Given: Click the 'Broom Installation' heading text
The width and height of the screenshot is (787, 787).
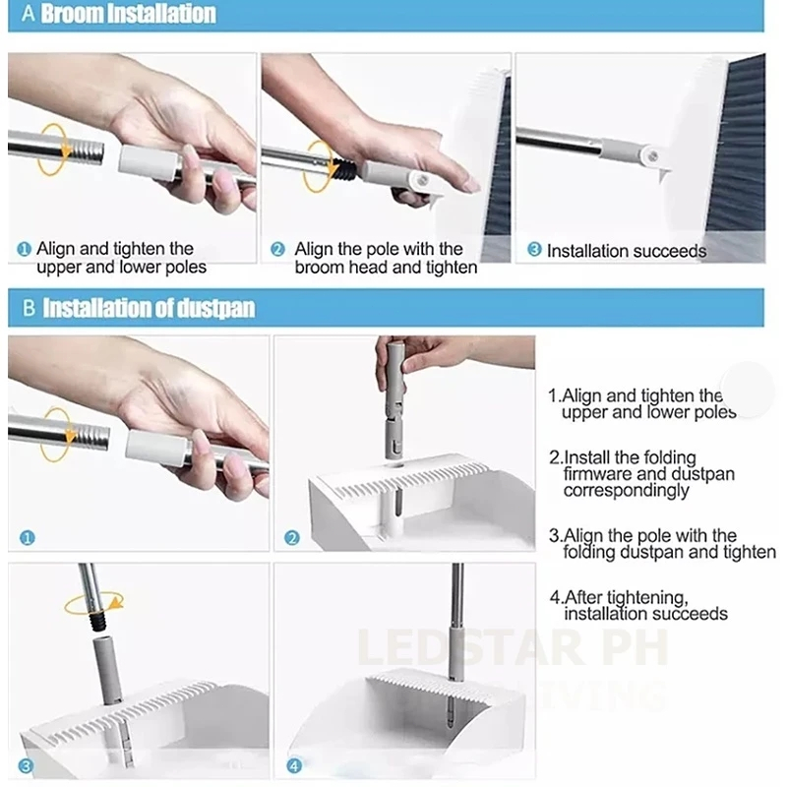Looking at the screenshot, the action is click(128, 14).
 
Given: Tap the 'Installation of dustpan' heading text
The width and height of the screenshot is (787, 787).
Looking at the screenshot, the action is click(149, 308).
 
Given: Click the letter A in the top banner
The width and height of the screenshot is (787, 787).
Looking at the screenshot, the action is click(29, 14).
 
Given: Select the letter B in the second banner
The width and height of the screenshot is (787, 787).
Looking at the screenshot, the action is click(30, 308).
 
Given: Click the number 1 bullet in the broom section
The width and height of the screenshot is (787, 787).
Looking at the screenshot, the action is click(24, 249).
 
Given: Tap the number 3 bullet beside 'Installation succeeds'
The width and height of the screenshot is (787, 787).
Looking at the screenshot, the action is click(534, 249).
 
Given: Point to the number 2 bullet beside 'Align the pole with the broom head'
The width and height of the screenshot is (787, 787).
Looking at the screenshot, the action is click(277, 249).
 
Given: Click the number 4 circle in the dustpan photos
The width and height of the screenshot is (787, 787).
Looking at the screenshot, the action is click(294, 766).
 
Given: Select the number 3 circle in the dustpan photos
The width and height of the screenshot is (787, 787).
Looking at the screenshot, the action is click(26, 766).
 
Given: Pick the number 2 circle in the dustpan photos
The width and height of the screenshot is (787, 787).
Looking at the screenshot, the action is click(291, 538).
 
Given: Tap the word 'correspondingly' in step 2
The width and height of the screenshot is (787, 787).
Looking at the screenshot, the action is click(626, 490).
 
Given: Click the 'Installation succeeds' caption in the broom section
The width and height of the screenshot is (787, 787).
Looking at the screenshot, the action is click(627, 251).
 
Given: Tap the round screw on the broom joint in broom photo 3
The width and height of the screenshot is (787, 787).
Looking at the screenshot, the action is click(653, 156).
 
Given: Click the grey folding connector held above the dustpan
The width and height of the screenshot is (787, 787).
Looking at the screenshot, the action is click(394, 400).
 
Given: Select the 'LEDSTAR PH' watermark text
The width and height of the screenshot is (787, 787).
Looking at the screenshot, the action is click(513, 647).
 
